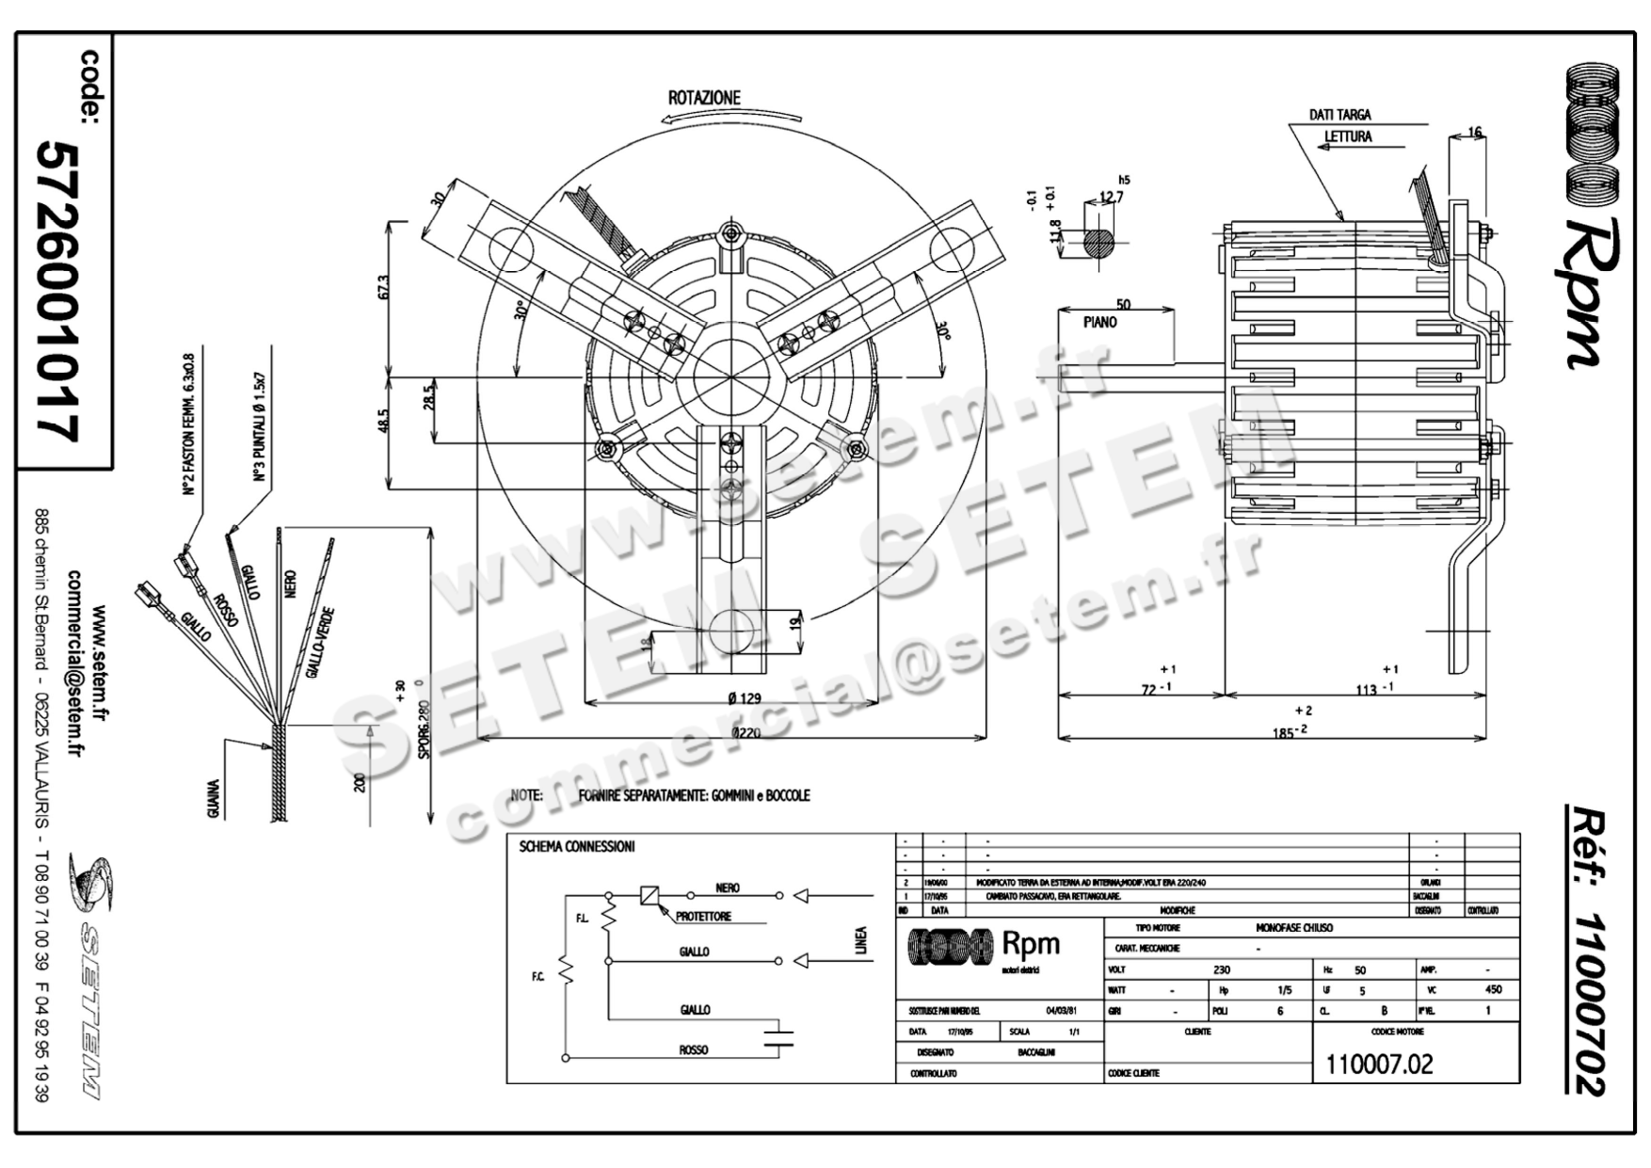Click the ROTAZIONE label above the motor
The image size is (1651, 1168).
tap(704, 98)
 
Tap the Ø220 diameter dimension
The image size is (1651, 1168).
tap(745, 732)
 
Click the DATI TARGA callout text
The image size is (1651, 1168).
tap(1339, 115)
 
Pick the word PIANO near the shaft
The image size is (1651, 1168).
tap(1099, 322)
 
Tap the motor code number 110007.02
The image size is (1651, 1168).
tap(1379, 1064)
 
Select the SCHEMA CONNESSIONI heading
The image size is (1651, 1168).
tap(577, 847)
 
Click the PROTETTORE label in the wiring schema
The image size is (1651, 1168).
tap(702, 917)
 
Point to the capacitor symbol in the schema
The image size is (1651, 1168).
tap(777, 1039)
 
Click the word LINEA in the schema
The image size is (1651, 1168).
tap(859, 941)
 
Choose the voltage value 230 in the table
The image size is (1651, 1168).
tap(1222, 969)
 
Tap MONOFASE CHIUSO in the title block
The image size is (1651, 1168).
tap(1293, 928)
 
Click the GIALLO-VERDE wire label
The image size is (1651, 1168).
tap(321, 644)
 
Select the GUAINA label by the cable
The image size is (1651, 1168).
tap(215, 798)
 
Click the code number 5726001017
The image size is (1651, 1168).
tap(56, 292)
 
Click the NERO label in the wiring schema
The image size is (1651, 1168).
tap(727, 888)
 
